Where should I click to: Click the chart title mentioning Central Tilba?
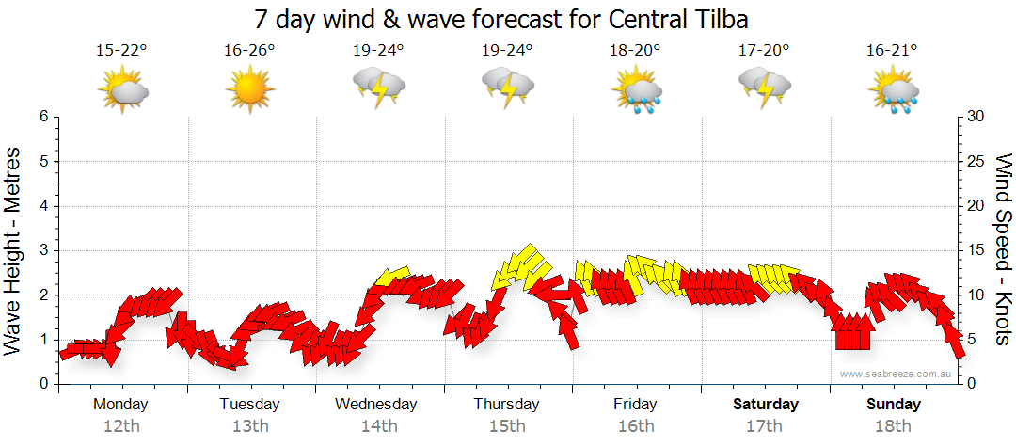coord(507,19)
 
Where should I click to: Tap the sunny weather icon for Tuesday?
coord(249,89)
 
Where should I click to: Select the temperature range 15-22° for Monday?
coord(121,51)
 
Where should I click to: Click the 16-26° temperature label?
coord(249,51)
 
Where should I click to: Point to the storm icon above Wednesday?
coord(378,89)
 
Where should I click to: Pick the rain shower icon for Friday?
coord(637,90)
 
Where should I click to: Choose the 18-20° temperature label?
coord(636,51)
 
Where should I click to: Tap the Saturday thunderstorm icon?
coord(765,89)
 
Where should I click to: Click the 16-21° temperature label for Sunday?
coord(893,51)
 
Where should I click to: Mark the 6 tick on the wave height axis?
coord(43,117)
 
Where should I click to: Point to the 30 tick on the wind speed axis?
coord(976,117)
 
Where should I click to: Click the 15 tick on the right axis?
coord(976,250)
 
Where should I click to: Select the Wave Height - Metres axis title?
coord(14,250)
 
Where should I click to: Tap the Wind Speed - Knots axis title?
coord(1003,250)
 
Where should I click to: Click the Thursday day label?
coord(507,405)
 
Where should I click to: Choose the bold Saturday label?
coord(765,405)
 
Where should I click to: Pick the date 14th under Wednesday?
coord(378,425)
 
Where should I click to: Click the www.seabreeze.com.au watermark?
coord(897,374)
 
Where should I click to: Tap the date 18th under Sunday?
coord(894,425)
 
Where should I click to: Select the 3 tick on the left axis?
coord(43,250)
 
